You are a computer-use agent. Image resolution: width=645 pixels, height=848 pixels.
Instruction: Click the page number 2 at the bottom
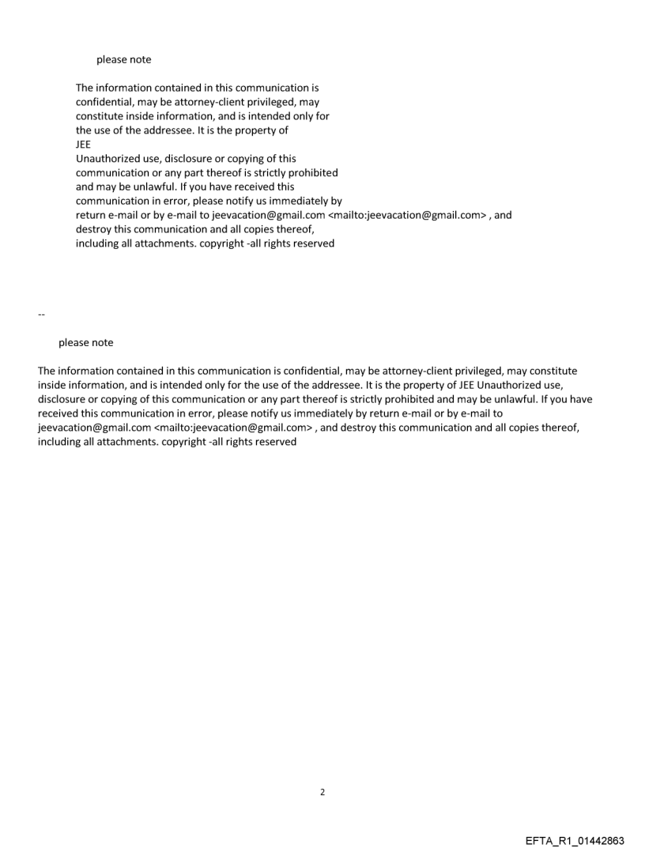322,791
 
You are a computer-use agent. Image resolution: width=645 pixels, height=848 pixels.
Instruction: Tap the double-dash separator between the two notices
41,315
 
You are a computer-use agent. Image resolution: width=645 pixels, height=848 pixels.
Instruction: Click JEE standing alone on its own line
84,145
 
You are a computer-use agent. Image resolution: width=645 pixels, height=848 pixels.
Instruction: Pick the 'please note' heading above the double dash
123,59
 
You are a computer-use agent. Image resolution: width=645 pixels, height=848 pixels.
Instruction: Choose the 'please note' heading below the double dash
85,342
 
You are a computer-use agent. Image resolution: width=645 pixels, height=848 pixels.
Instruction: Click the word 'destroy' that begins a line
93,229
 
